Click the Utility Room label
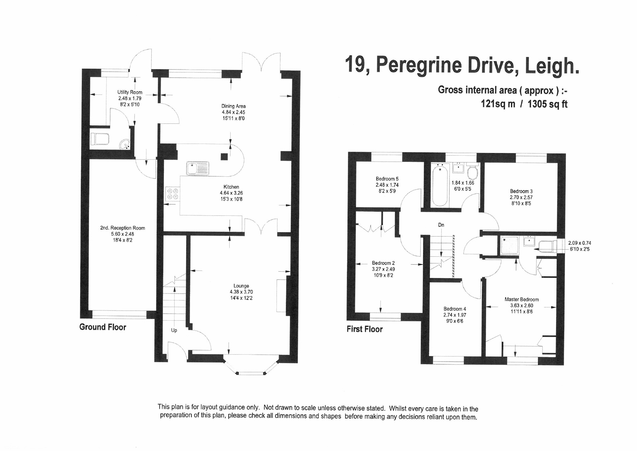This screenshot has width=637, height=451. (x=130, y=92)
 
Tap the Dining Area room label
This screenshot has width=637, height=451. (x=233, y=106)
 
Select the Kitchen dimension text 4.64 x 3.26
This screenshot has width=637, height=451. (x=231, y=193)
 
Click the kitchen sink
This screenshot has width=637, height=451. (x=198, y=168)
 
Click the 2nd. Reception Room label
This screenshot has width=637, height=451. (x=123, y=228)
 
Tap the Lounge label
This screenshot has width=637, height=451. (x=241, y=286)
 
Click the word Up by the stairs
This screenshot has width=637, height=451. (x=174, y=330)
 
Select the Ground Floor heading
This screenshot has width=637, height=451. (x=103, y=327)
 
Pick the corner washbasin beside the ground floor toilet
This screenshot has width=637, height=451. (x=125, y=144)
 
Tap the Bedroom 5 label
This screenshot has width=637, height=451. (x=387, y=179)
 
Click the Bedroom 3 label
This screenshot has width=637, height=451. (x=521, y=191)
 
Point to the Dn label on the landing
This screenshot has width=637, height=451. (x=441, y=225)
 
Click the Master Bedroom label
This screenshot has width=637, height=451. (x=522, y=300)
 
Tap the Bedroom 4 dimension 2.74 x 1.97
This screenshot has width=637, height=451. (x=455, y=315)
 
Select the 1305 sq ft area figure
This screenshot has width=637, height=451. (x=547, y=104)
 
